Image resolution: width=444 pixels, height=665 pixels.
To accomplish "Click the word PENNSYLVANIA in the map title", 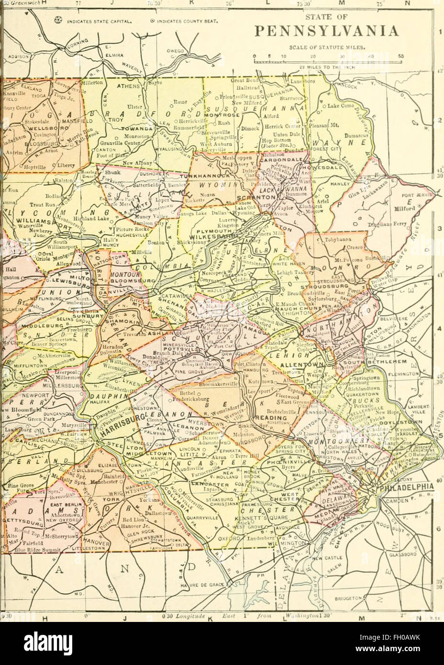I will [x=326, y=32].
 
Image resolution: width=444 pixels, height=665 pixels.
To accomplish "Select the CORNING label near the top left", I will [x=77, y=48].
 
